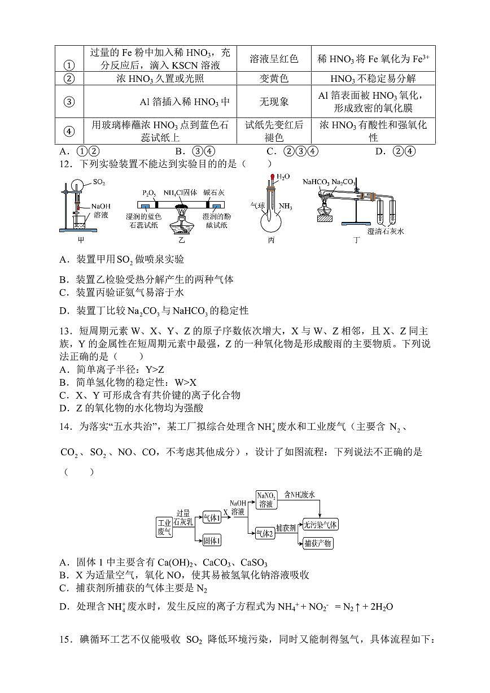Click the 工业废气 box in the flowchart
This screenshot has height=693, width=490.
pyautogui.click(x=164, y=528)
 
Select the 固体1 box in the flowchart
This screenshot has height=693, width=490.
pyautogui.click(x=212, y=541)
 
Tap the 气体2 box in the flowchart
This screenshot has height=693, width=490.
pyautogui.click(x=264, y=533)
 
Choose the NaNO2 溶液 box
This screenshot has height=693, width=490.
pyautogui.click(x=266, y=500)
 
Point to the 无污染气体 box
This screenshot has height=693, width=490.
pyautogui.click(x=321, y=524)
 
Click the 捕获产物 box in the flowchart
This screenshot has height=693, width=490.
pyautogui.click(x=318, y=543)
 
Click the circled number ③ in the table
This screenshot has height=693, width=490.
pyautogui.click(x=69, y=102)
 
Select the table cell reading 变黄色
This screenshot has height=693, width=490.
pyautogui.click(x=274, y=79)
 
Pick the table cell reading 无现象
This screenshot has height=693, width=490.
pyautogui.click(x=274, y=102)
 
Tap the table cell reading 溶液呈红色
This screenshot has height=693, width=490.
pyautogui.click(x=274, y=59)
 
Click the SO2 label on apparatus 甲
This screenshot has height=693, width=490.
pyautogui.click(x=99, y=183)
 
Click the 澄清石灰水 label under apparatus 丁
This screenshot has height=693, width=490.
pyautogui.click(x=386, y=231)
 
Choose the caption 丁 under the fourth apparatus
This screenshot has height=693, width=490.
pyautogui.click(x=356, y=240)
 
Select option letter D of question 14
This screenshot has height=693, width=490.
pyautogui.click(x=64, y=607)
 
